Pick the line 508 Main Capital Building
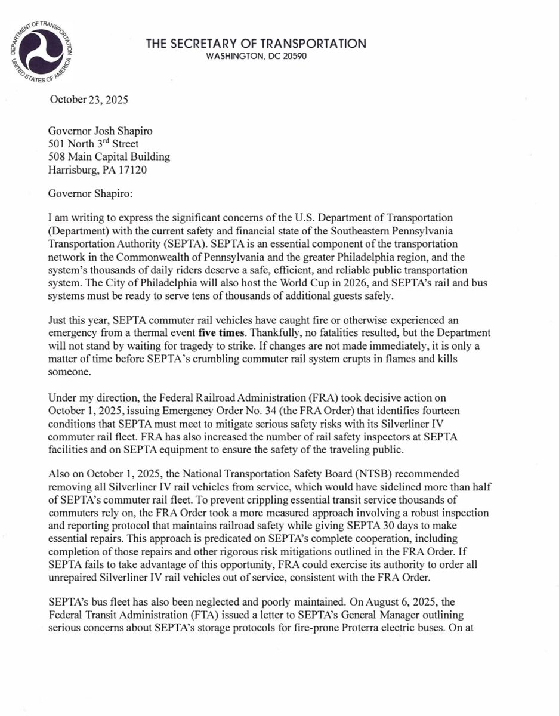[109, 158]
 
